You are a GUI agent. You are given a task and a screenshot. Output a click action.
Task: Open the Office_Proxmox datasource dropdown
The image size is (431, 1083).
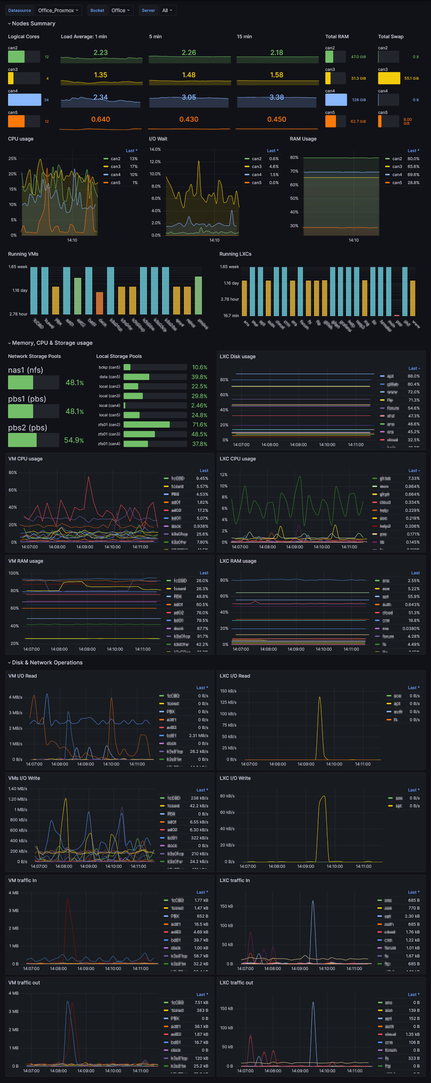tap(58, 10)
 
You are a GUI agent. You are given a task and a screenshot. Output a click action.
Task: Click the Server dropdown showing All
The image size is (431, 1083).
tap(167, 10)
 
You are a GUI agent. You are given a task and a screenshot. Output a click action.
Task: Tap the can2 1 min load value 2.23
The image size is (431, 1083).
tap(101, 53)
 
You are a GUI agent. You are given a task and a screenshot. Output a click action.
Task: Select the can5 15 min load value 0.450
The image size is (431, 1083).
tap(277, 120)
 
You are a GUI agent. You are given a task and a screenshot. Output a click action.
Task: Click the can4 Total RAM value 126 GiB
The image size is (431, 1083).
tap(359, 100)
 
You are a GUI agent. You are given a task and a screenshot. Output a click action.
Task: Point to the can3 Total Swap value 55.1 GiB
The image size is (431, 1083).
tap(411, 79)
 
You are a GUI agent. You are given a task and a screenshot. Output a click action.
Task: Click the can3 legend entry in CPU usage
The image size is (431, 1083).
tap(115, 167)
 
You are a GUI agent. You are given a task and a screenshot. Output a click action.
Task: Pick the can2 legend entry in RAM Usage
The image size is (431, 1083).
tap(397, 159)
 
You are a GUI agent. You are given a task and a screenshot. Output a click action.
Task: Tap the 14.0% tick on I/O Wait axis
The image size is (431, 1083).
tap(155, 149)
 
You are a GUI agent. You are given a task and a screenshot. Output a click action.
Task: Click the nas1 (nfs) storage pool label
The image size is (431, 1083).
tap(26, 370)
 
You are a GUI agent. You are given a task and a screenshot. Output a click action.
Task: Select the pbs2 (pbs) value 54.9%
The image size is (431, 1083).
tap(74, 440)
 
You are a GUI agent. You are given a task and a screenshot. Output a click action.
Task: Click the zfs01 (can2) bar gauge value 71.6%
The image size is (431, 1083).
tap(199, 425)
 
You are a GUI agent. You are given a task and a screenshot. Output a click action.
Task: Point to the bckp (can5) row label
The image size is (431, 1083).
tap(109, 368)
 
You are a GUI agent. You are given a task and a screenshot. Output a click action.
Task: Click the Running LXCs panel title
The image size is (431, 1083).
tap(235, 254)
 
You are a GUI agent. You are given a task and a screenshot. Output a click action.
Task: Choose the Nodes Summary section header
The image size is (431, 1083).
tap(34, 24)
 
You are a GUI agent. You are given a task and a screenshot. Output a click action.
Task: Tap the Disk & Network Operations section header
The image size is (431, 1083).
tap(47, 662)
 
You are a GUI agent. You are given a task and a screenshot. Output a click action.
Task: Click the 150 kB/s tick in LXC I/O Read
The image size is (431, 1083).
tap(228, 691)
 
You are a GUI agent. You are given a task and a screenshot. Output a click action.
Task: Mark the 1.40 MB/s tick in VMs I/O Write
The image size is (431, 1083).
tap(18, 789)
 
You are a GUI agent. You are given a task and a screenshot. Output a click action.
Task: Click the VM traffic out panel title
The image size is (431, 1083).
tap(24, 983)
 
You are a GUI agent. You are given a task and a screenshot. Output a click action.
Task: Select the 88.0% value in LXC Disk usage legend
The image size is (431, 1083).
tap(413, 376)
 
